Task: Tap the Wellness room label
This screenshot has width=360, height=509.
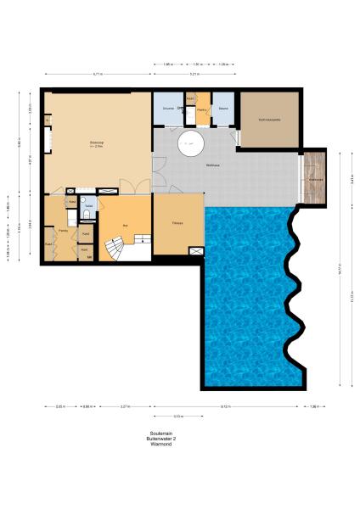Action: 213,165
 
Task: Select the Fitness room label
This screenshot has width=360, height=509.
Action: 178,224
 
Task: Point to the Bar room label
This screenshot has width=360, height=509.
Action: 126,225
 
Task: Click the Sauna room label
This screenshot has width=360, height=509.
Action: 222,109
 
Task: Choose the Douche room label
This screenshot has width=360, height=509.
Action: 168,109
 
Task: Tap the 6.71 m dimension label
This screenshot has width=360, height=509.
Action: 98,75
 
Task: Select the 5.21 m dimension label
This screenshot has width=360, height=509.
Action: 194,75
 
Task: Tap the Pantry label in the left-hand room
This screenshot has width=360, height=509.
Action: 63,231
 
